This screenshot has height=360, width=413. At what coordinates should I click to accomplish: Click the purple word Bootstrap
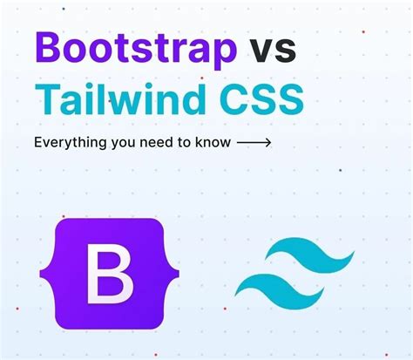pos(136,50)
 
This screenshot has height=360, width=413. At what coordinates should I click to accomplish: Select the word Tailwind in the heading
pos(120,98)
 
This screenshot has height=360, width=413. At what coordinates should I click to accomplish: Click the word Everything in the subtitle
pos(71,143)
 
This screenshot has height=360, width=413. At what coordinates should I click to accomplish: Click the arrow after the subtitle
pos(254,142)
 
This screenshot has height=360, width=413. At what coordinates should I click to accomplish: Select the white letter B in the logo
pos(110,274)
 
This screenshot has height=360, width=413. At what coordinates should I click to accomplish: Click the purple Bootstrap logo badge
pos(109,274)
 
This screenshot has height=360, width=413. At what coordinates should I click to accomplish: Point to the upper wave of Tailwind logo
pos(310,255)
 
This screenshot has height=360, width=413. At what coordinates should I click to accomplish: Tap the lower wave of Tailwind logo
pos(280,291)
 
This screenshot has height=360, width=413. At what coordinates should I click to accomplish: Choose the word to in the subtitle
pos(184,142)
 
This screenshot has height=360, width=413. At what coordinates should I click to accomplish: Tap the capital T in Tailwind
pos(47,98)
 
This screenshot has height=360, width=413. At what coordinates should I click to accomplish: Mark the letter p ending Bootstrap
pos(224,55)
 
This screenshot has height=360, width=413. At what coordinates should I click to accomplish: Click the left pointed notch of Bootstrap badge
pos(41,274)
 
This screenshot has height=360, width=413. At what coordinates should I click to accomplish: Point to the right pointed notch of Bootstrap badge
pos(178,274)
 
